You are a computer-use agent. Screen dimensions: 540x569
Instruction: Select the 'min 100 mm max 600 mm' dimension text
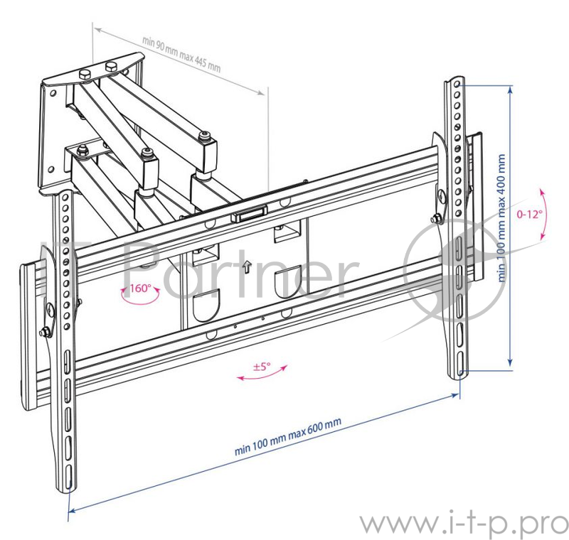click(x=287, y=437)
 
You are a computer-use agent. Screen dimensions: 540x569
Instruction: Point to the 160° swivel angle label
click(x=140, y=288)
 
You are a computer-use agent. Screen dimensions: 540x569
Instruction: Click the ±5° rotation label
click(x=262, y=367)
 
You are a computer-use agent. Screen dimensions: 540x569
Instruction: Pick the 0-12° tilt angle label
click(x=529, y=213)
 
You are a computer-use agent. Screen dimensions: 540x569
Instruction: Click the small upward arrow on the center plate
click(x=246, y=267)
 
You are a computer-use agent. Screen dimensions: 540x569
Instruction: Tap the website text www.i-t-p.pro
click(x=462, y=524)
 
